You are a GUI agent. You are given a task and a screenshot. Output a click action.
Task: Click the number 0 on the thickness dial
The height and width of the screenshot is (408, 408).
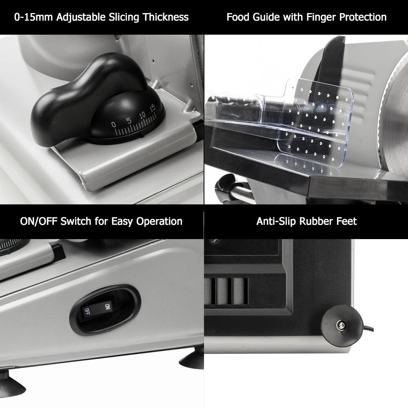[113, 124]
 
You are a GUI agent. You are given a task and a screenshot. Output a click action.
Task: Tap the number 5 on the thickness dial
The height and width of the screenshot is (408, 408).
[128, 121]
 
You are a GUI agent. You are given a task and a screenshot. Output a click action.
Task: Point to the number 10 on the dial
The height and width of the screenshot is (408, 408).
[142, 115]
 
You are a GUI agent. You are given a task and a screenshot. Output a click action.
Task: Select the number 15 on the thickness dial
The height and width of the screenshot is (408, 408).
[152, 108]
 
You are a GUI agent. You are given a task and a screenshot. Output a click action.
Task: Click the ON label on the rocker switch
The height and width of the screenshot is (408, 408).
[107, 306]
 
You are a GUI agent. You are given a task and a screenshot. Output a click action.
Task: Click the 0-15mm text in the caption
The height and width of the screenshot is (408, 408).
[33, 17]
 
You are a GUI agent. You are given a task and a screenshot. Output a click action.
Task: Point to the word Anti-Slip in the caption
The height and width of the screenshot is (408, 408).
[276, 222]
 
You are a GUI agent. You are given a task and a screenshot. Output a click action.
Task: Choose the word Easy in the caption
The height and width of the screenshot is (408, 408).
[122, 222]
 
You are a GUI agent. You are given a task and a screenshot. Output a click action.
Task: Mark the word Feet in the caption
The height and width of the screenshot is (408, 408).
[347, 222]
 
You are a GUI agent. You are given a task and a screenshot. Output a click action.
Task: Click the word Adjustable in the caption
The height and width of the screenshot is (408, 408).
[81, 17]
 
